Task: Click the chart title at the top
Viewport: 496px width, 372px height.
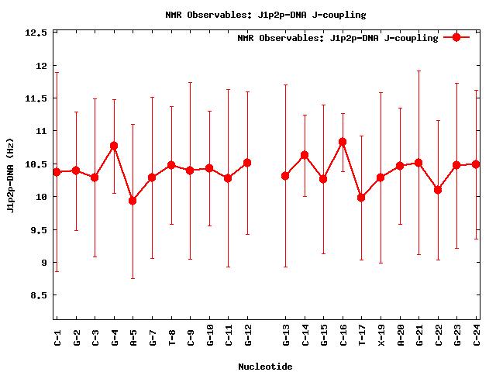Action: click(266, 15)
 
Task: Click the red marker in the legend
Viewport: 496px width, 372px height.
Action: click(456, 37)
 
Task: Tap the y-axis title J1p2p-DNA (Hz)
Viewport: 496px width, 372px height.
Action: click(10, 176)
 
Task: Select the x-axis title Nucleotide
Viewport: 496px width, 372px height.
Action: click(265, 367)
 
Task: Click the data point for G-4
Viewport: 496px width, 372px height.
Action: click(114, 146)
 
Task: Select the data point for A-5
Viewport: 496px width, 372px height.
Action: click(133, 201)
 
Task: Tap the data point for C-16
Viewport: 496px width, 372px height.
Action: click(343, 142)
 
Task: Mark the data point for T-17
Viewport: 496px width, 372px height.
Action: click(361, 198)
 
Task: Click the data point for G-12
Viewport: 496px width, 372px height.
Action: click(247, 163)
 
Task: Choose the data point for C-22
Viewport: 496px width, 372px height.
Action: click(438, 190)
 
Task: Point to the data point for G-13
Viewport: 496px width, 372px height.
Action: click(285, 176)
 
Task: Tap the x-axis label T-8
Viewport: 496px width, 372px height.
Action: click(171, 337)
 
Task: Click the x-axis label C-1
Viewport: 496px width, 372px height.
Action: click(57, 337)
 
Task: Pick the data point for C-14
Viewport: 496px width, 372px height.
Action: click(305, 155)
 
